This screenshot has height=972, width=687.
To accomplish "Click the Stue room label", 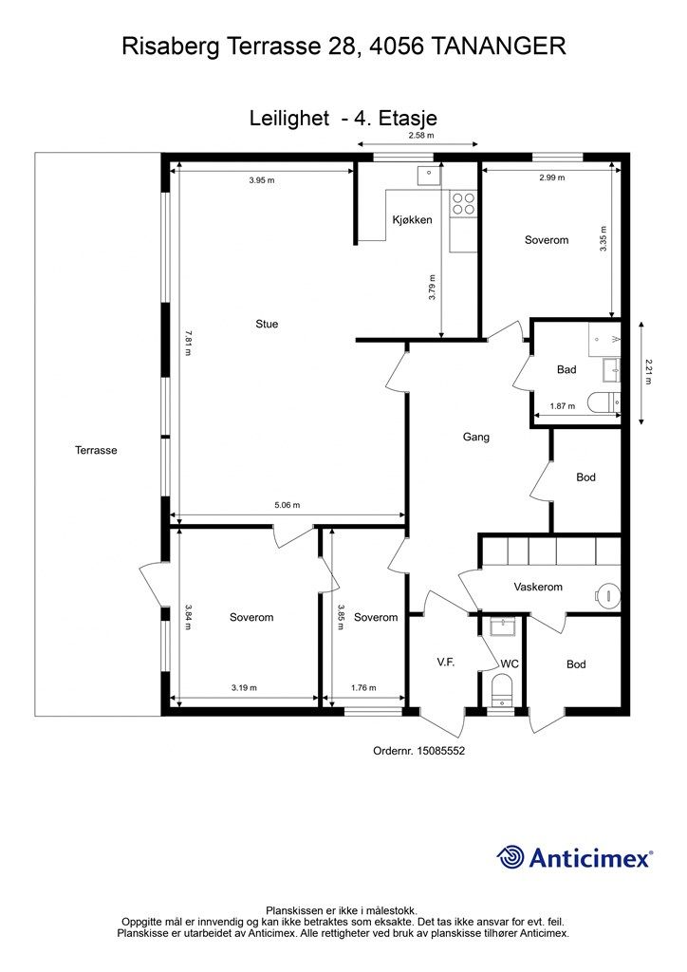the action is pyautogui.click(x=267, y=324).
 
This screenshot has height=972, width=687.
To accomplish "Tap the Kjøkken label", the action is pyautogui.click(x=412, y=219).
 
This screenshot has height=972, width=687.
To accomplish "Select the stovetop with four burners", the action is pyautogui.click(x=463, y=203).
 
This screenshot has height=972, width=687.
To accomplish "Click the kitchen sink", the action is pyautogui.click(x=427, y=176).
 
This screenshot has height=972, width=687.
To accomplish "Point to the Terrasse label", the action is pyautogui.click(x=96, y=450).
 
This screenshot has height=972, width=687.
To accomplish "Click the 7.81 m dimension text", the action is pyautogui.click(x=188, y=342).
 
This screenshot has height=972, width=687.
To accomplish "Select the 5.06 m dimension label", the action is pyautogui.click(x=287, y=505).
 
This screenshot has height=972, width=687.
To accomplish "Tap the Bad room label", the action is pyautogui.click(x=566, y=369).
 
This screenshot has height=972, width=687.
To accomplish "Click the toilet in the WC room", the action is pyautogui.click(x=501, y=691).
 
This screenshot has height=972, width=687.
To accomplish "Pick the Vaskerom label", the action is pyautogui.click(x=538, y=587).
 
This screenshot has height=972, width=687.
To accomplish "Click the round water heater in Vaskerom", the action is pyautogui.click(x=608, y=596).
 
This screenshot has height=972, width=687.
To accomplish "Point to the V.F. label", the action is pyautogui.click(x=445, y=662).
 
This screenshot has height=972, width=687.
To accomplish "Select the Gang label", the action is pyautogui.click(x=475, y=437).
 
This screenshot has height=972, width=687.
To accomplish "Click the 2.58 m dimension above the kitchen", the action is pyautogui.click(x=421, y=135).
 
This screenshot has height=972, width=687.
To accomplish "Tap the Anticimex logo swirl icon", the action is pyautogui.click(x=511, y=857).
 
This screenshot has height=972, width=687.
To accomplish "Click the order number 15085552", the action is pyautogui.click(x=441, y=751).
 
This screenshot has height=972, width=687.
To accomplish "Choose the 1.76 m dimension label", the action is pyautogui.click(x=363, y=687).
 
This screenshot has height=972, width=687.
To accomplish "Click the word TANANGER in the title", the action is pyautogui.click(x=497, y=47).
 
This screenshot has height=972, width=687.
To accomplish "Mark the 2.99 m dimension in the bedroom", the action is pyautogui.click(x=552, y=178).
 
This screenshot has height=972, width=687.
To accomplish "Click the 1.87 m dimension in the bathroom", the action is pyautogui.click(x=563, y=406).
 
